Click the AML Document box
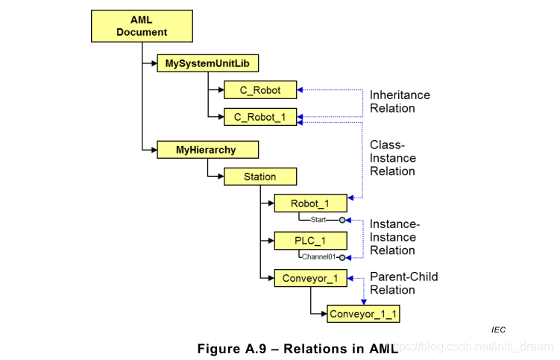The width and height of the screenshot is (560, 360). tap(142, 26)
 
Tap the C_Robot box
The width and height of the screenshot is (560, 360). tap(260, 90)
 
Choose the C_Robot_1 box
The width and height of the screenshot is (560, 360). tap(260, 116)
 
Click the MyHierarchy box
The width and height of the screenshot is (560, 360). tap(207, 150)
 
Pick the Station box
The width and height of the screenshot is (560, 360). tap(260, 177)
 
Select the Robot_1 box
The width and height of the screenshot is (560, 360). tap(310, 203)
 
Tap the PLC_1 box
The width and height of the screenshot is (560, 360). tap(310, 241)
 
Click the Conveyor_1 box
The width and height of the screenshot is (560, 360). tap(310, 278)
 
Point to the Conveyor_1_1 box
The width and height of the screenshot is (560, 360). tap(364, 314)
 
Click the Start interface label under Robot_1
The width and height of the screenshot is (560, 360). tap(317, 220)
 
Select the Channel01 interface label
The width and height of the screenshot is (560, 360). tap(319, 257)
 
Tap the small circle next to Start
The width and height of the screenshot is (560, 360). tap(342, 220)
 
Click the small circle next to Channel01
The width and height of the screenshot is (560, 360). tap(342, 257)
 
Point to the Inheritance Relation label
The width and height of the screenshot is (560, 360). tap(400, 102)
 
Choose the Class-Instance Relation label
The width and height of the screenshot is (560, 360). tap(393, 158)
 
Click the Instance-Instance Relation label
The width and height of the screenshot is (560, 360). tap(395, 237)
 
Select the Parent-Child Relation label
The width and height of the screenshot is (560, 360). tap(403, 283)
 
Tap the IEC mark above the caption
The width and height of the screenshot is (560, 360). tap(498, 329)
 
